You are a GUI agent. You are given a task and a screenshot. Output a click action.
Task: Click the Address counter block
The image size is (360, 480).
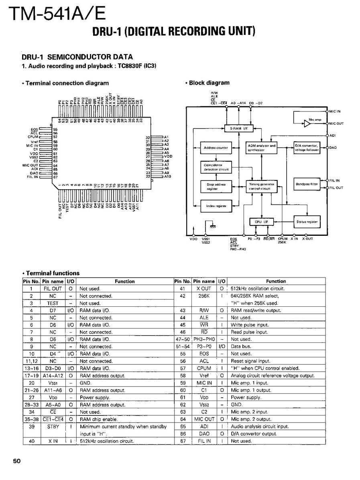(x=216, y=148)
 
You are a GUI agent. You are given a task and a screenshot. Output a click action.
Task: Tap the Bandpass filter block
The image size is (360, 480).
(x=307, y=184)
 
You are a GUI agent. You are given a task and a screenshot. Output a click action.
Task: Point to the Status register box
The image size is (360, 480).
(x=307, y=221)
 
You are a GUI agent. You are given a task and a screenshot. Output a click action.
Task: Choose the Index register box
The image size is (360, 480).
(x=216, y=206)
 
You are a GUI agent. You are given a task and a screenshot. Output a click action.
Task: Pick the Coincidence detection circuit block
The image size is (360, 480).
(x=216, y=167)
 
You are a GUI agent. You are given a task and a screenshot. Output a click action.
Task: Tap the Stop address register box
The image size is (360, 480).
(x=216, y=186)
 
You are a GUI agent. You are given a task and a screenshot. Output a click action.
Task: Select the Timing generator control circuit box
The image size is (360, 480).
(x=262, y=186)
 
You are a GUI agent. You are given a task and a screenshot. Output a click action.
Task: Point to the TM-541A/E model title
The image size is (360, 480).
(x=56, y=14)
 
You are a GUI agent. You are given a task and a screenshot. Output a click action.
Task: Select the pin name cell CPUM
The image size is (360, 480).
(x=204, y=368)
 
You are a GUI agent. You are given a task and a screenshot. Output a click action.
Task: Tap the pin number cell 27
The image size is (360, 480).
(x=31, y=397)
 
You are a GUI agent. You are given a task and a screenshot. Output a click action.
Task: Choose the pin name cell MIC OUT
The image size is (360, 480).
(x=204, y=419)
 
